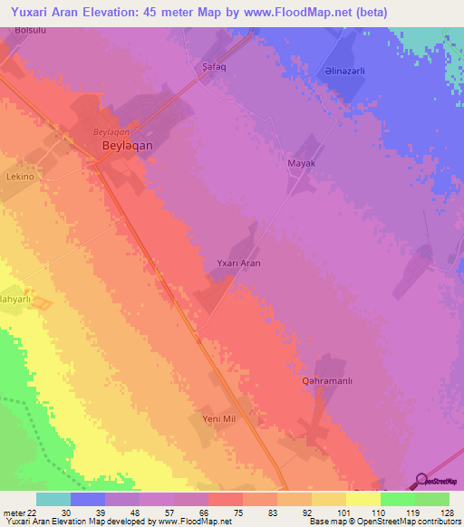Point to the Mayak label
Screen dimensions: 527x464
tap(301, 163)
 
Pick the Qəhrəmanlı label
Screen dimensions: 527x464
tap(326, 381)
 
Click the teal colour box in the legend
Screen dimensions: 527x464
tap(53, 499)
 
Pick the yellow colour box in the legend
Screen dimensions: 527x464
tap(363, 499)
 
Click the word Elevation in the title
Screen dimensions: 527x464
tap(101, 13)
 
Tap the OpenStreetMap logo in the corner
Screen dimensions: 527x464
tap(438, 481)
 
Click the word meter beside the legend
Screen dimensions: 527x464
tap(14, 513)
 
